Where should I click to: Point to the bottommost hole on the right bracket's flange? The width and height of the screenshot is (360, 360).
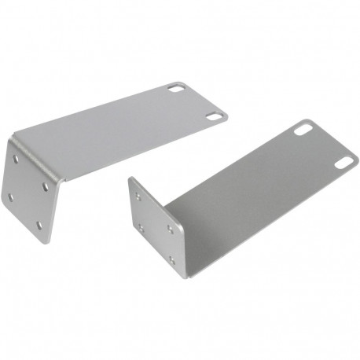[x=172, y=259]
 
